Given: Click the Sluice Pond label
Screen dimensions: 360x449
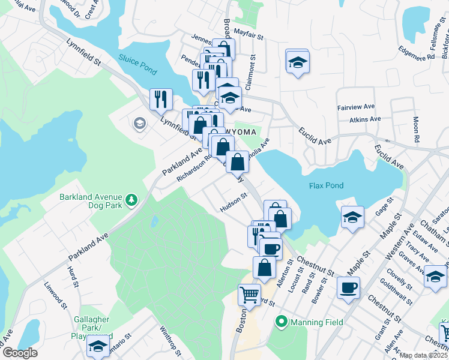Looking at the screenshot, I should pyautogui.click(x=137, y=65).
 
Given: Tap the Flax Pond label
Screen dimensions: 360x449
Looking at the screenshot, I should pyautogui.click(x=327, y=185).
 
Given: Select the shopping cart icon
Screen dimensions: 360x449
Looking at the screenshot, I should pyautogui.click(x=250, y=295).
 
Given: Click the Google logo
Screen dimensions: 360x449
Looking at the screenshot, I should pyautogui.click(x=19, y=353).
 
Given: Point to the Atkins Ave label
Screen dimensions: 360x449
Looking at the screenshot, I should pyautogui.click(x=366, y=119).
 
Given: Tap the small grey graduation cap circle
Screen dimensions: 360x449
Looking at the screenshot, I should pyautogui.click(x=140, y=124).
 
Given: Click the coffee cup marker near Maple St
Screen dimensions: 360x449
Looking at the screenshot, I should pyautogui.click(x=348, y=287).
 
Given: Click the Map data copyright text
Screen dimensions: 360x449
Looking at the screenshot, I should pyautogui.click(x=424, y=355).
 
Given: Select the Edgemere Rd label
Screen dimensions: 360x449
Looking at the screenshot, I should pyautogui.click(x=414, y=57).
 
